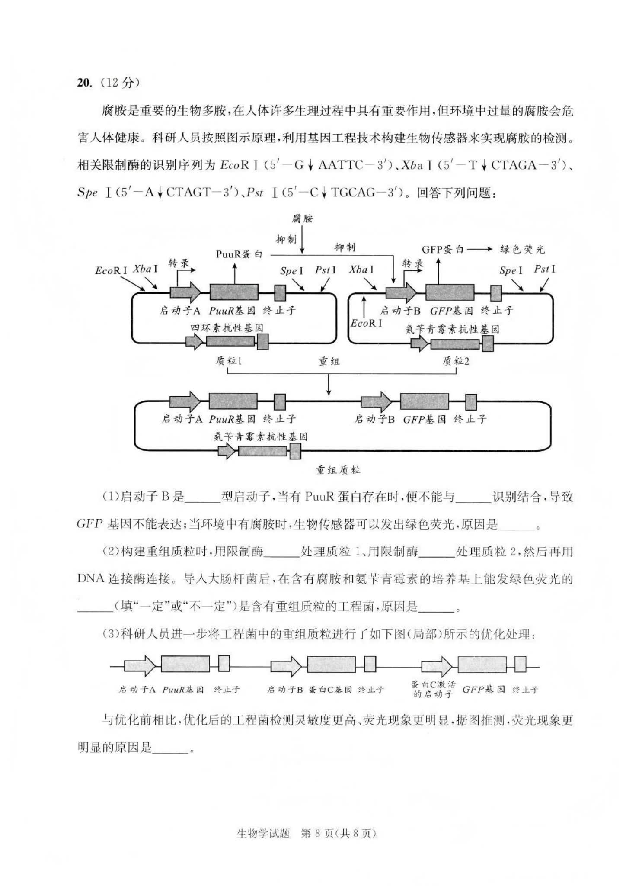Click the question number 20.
click(84, 83)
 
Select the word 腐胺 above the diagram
click(302, 218)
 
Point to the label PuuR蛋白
click(239, 254)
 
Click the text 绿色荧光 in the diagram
click(522, 249)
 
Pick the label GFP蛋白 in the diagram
click(442, 249)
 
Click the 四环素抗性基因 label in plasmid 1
click(227, 328)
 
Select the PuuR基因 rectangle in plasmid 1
click(234, 292)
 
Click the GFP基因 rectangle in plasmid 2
click(450, 292)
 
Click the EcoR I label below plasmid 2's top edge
click(366, 323)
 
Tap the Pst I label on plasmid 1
click(325, 270)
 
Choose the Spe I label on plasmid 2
click(511, 271)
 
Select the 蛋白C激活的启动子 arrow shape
click(436, 666)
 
